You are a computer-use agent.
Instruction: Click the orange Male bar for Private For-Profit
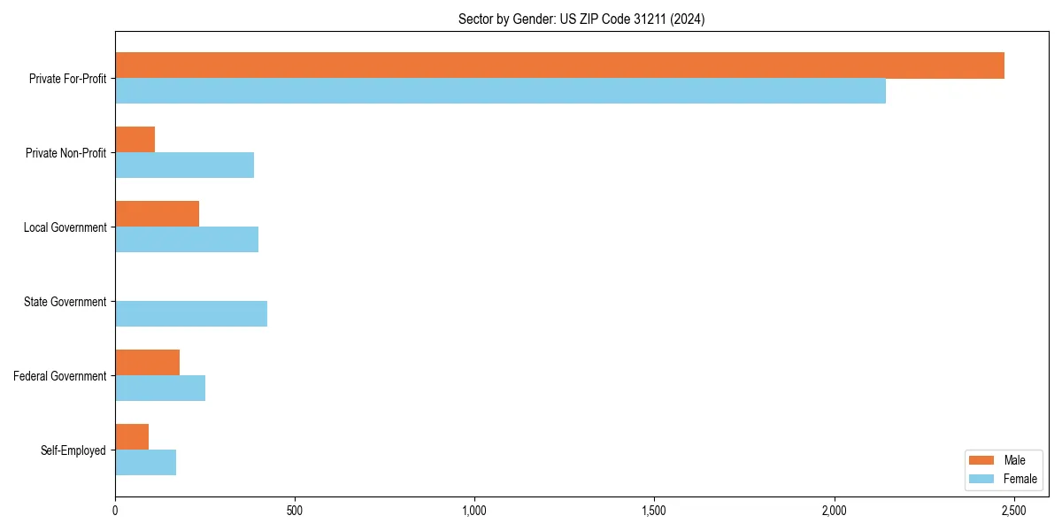[x=559, y=65]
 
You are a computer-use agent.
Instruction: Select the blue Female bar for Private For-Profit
[x=500, y=90]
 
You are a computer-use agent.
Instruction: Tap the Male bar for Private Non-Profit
[x=135, y=140]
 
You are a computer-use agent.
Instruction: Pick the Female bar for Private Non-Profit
[x=184, y=165]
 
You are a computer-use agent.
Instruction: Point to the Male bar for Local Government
[x=157, y=214]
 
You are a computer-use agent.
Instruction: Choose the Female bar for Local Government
[x=187, y=239]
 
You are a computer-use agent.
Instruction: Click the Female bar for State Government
[x=191, y=313]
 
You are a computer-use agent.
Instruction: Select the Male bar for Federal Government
[x=147, y=363]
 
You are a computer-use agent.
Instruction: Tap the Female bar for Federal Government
[x=160, y=388]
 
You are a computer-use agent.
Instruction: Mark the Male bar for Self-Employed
[x=132, y=437]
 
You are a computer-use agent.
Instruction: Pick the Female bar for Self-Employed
[x=145, y=462]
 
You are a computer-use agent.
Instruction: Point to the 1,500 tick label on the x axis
[x=654, y=512]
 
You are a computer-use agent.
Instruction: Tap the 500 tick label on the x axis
[x=295, y=512]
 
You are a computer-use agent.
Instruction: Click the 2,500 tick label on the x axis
[x=1013, y=512]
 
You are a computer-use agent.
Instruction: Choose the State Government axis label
[x=65, y=302]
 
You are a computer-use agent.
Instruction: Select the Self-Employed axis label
[x=73, y=450]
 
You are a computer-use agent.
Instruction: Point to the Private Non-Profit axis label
[x=65, y=153]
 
